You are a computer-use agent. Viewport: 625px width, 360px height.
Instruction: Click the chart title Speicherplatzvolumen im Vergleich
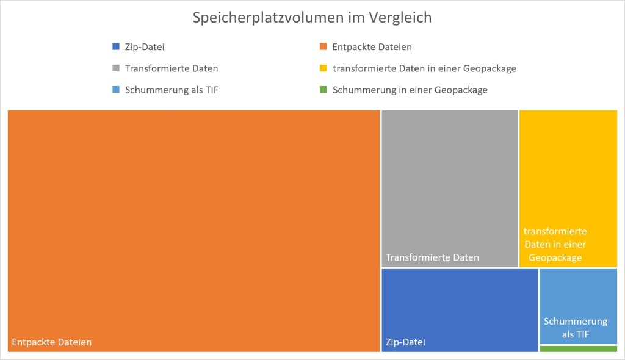[312, 18]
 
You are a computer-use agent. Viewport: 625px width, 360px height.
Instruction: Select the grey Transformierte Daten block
[449, 183]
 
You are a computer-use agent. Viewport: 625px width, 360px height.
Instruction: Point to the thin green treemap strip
[578, 349]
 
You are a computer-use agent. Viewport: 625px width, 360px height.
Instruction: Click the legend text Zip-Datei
[145, 47]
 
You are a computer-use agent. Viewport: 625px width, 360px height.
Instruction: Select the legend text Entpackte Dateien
[372, 47]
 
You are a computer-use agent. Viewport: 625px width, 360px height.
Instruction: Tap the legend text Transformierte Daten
[171, 68]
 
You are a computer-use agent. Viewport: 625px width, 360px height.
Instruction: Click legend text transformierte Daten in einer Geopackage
[424, 68]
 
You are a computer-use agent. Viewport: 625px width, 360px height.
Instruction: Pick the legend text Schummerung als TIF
[172, 90]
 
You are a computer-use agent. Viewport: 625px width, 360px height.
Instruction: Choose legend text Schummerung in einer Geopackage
[410, 90]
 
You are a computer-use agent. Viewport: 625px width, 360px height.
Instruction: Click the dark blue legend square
[116, 47]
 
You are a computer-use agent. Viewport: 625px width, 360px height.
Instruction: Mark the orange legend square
[323, 47]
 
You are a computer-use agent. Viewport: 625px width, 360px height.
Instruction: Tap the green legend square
[323, 90]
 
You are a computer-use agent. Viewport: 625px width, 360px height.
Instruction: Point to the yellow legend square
[323, 68]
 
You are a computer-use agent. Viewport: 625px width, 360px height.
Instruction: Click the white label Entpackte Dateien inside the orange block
[52, 342]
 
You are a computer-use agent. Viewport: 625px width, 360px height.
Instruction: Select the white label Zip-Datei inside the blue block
[405, 342]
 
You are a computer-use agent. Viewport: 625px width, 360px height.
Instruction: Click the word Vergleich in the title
[400, 18]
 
